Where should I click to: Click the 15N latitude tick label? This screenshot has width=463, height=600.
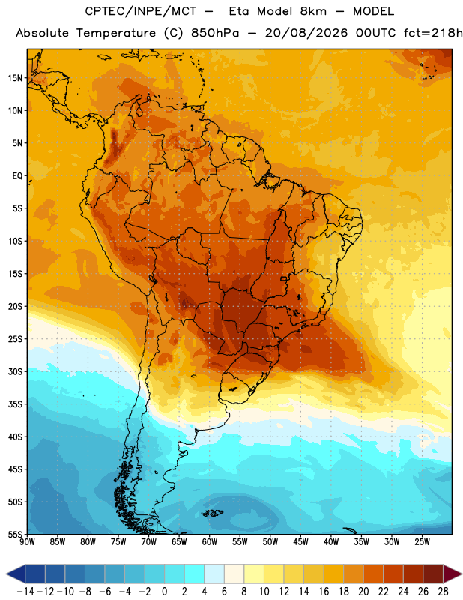[15, 78]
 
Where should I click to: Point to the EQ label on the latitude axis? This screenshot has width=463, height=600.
[17, 176]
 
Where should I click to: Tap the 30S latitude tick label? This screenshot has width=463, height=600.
[15, 371]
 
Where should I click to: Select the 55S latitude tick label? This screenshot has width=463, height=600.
[15, 534]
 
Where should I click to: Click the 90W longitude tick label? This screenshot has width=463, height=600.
[28, 542]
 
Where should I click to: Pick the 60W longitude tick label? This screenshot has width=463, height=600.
[210, 542]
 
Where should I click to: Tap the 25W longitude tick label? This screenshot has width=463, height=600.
[422, 542]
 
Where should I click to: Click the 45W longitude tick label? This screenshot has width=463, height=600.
[300, 542]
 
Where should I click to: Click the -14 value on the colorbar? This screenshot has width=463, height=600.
[25, 592]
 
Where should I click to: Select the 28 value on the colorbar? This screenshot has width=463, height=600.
[443, 592]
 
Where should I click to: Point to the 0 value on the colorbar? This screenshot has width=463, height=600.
[164, 592]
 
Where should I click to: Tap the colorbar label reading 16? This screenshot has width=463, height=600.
[324, 592]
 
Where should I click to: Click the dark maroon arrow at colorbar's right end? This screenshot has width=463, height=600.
[453, 574]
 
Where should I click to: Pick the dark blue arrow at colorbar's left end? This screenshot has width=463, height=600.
[16, 574]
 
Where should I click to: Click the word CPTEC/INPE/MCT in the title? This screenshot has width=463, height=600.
[141, 11]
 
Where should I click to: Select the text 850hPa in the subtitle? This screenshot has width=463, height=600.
[215, 33]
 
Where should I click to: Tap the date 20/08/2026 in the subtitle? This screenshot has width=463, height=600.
[306, 33]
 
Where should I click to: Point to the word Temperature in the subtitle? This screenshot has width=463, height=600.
[116, 34]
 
